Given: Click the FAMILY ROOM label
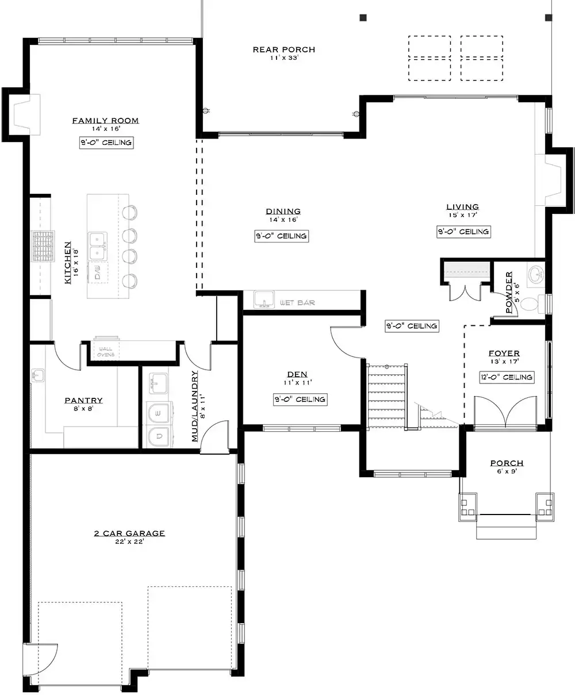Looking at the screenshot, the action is (x=106, y=121).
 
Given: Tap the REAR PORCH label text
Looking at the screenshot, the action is (x=284, y=49).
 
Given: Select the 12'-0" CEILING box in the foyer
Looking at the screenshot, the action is (x=507, y=377).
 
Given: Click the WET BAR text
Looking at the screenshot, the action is (x=297, y=302).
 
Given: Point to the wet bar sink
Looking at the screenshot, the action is (x=264, y=299).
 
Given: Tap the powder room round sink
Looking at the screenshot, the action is (x=536, y=274).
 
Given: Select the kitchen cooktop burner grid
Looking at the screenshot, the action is (x=43, y=246).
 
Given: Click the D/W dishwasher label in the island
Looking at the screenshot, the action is (x=98, y=272).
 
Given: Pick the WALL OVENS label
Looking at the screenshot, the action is (x=106, y=352).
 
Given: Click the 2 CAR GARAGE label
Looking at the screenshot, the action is (x=129, y=533).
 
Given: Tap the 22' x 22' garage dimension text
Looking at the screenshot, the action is (x=129, y=542).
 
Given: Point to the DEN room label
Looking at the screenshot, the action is (x=297, y=374).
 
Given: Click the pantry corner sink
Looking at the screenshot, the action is (x=37, y=375).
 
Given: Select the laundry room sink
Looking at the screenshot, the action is (x=158, y=383).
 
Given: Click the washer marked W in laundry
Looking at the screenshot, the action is (x=158, y=413).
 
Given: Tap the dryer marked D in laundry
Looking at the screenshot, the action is (x=159, y=436).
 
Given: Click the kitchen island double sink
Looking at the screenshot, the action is (x=97, y=246).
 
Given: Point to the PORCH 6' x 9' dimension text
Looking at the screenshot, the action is (x=507, y=471).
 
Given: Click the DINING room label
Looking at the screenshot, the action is (x=283, y=212).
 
